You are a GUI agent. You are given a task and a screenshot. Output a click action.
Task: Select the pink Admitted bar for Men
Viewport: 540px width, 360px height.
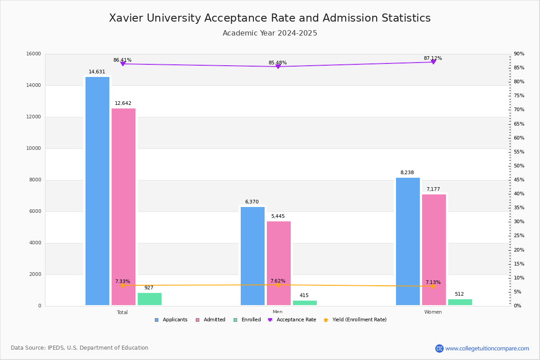(x=279, y=263)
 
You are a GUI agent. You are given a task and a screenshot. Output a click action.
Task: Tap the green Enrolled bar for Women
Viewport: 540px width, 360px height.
(x=460, y=302)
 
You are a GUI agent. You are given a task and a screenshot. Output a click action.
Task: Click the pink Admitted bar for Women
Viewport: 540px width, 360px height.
(x=434, y=250)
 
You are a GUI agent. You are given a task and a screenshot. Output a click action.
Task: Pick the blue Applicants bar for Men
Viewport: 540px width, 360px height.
(x=252, y=256)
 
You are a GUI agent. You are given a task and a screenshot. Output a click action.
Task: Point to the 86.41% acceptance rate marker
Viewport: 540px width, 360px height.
(x=123, y=64)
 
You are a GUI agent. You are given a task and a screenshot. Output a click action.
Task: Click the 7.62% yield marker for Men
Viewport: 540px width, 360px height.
(x=278, y=284)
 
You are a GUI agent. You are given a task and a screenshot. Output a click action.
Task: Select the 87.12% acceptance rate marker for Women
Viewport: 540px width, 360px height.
(x=433, y=62)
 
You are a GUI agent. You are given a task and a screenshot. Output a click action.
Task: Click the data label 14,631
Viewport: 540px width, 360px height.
(x=97, y=72)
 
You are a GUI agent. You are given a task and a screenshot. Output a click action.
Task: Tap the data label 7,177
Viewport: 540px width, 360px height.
(x=433, y=189)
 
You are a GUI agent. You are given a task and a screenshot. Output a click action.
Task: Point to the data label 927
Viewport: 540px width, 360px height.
(x=149, y=288)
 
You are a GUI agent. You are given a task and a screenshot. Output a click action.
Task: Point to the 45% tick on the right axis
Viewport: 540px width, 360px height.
(x=519, y=180)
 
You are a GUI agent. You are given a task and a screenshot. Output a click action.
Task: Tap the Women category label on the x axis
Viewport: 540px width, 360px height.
(x=433, y=312)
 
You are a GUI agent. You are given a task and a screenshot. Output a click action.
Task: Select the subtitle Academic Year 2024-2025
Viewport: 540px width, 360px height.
(x=270, y=33)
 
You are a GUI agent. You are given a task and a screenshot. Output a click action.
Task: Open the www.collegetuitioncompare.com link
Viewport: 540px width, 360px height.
(x=487, y=348)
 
